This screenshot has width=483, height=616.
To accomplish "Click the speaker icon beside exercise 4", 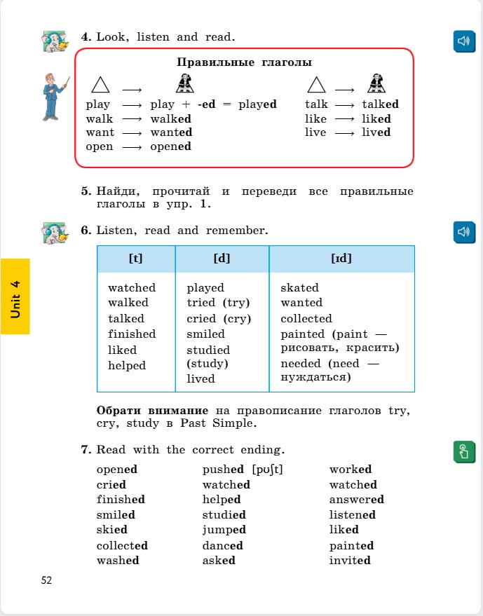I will click(463, 41).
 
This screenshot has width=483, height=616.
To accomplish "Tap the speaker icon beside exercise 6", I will click(463, 231).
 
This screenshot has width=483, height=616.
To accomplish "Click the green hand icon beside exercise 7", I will click(463, 452).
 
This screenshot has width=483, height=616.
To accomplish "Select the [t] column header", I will click(136, 258).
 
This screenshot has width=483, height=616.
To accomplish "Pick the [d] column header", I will click(222, 258).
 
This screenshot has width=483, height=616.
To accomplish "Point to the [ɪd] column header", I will click(341, 258).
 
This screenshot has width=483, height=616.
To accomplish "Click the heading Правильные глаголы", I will click(244, 62).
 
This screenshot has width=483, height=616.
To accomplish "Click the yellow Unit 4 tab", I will click(15, 296).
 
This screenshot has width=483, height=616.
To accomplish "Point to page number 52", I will click(46, 580).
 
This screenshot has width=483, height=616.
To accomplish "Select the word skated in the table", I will click(299, 288).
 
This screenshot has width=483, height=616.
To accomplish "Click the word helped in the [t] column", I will click(127, 365).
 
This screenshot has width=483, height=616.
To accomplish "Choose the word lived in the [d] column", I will click(200, 378).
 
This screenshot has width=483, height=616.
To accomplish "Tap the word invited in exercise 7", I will click(350, 560).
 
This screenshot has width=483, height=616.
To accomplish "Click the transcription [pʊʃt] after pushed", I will click(266, 470).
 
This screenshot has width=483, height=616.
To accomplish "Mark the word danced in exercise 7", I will click(222, 545).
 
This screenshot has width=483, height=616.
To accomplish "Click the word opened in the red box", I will click(170, 146).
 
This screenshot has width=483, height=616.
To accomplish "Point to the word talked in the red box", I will click(380, 104).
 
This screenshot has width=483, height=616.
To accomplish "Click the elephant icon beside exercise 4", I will click(55, 41).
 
